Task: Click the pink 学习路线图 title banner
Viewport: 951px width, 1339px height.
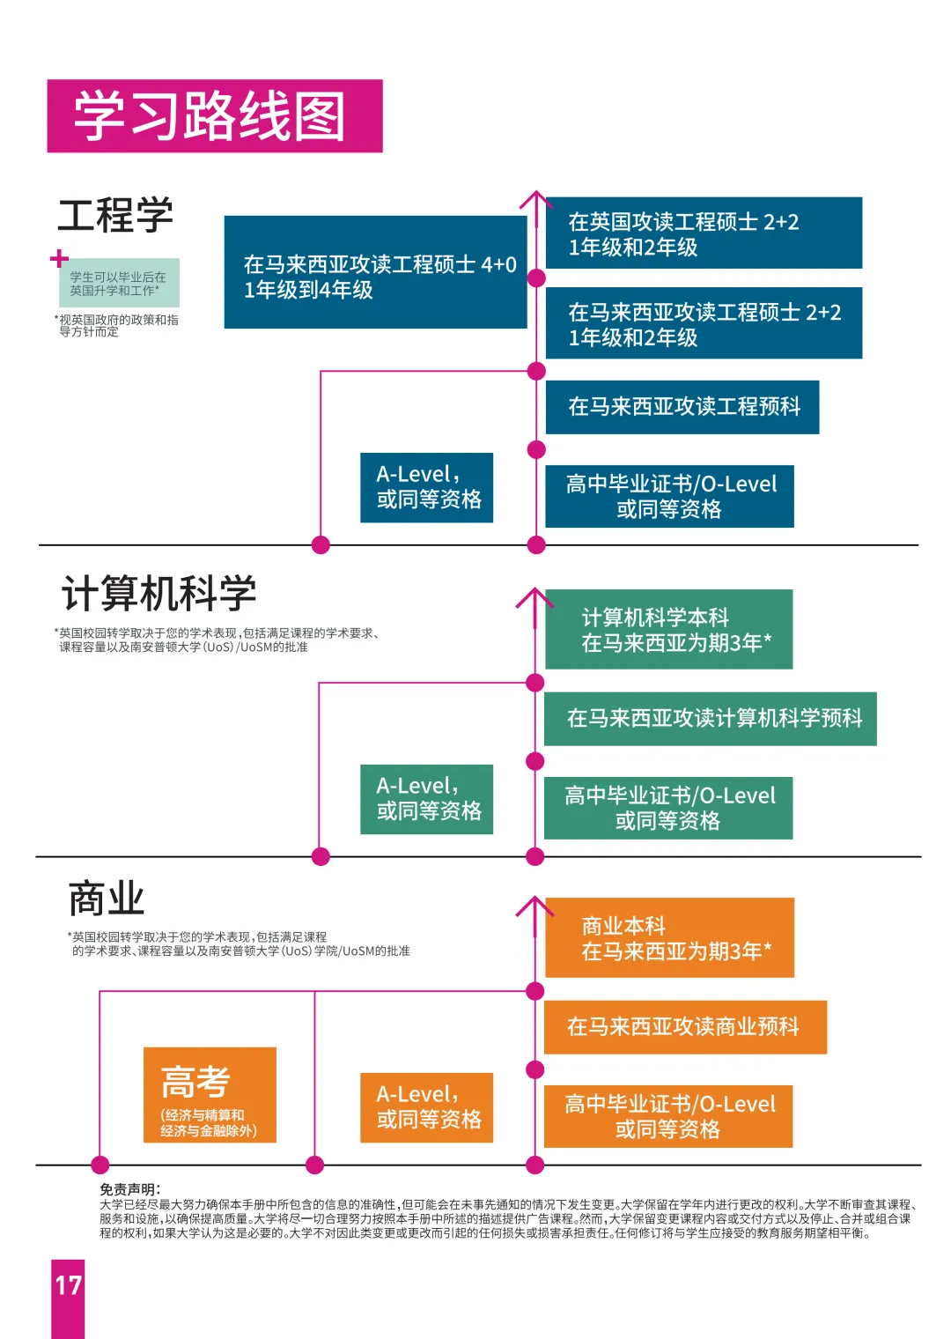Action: [x=215, y=116]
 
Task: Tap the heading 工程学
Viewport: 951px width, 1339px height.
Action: [x=115, y=214]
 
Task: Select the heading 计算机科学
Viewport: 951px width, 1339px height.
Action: [x=158, y=593]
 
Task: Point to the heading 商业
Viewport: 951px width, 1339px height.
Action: [x=107, y=899]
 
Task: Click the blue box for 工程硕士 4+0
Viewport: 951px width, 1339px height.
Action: [x=375, y=272]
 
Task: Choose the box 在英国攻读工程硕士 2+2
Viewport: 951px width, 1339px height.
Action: [x=704, y=233]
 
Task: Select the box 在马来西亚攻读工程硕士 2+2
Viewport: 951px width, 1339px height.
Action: [x=704, y=322]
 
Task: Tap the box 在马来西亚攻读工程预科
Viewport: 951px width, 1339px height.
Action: [x=682, y=407]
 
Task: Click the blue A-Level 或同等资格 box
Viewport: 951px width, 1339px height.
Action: [x=426, y=487]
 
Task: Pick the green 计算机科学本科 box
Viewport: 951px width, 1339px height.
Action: [x=668, y=629]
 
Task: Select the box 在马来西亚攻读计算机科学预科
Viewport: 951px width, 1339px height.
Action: [x=711, y=719]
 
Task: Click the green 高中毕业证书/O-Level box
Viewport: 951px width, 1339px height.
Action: [x=668, y=808]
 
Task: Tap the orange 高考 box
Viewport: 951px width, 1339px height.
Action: [x=210, y=1094]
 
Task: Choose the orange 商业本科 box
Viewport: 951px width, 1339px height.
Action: [x=669, y=937]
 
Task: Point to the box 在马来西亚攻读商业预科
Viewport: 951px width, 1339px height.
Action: [x=685, y=1027]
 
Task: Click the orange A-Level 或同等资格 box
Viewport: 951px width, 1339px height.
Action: [x=426, y=1107]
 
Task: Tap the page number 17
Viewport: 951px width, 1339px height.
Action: [x=68, y=1285]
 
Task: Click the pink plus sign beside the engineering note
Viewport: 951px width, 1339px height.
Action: [x=59, y=258]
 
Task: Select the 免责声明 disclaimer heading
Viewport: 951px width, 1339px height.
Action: [x=129, y=1189]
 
